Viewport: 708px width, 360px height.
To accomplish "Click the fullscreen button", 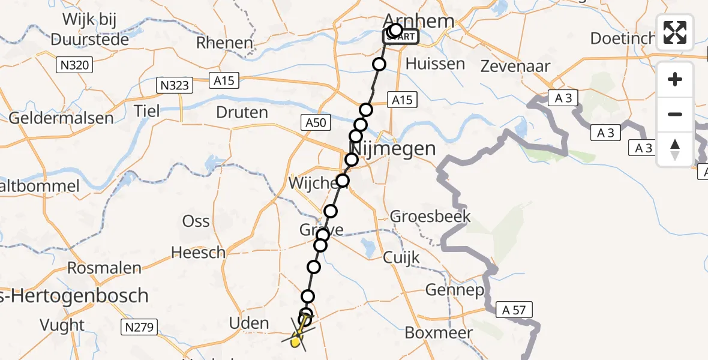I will coord(675,32).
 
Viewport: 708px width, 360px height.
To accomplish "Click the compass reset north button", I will coord(675,149).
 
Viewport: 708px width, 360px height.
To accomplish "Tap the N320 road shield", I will coord(76,64).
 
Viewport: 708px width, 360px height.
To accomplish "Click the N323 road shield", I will coord(174,85).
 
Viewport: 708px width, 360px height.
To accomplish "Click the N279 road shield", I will coord(139,327).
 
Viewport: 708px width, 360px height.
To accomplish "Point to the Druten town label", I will coord(242,112).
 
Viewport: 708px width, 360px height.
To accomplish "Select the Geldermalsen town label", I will coord(61,118).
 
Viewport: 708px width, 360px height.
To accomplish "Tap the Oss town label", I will coord(196,221).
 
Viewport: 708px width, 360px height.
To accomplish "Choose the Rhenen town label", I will coord(225,43).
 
